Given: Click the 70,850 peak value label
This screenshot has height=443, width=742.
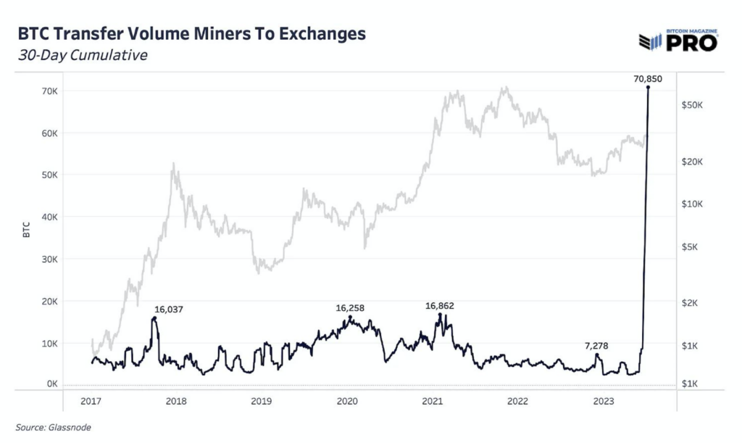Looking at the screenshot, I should coord(648,78).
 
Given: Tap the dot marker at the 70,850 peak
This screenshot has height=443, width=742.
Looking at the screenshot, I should coord(648,88).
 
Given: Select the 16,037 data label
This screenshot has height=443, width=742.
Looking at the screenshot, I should coord(167,310).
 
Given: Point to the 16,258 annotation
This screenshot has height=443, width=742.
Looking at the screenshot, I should coord(350,308).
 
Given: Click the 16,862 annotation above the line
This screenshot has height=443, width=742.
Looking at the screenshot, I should coord(439,306).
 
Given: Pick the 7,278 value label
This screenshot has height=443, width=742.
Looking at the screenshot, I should coord(599,346).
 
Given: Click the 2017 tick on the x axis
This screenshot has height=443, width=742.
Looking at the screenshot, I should coord(91,401).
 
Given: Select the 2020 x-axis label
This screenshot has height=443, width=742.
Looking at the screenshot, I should coord(347,401).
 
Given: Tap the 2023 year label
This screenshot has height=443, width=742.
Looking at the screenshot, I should coord(603,401).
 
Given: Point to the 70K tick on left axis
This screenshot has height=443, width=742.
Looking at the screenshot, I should coord(49,91).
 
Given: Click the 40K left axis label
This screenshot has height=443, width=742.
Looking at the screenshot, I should coord(49,217).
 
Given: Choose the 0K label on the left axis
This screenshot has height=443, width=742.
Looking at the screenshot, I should coord(51,384).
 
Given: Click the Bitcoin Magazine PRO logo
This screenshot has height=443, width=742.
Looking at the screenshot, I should coord(678,41).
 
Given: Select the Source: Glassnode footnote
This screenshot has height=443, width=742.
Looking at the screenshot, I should coord(54,428).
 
